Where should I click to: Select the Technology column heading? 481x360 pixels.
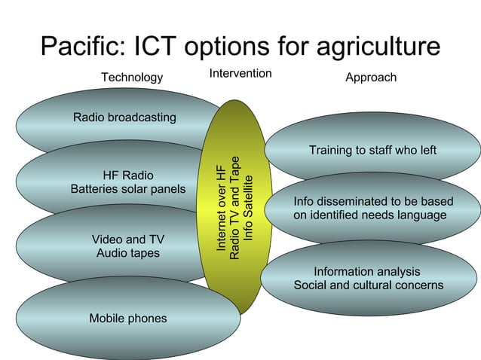(x=132, y=78)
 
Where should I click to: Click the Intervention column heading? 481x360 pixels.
(x=240, y=74)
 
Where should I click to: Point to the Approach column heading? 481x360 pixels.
(x=371, y=78)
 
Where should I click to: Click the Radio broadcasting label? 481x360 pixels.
(x=124, y=117)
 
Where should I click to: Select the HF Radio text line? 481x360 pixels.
(x=127, y=175)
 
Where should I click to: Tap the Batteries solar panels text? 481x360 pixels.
(x=127, y=189)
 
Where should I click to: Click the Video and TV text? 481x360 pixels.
(x=127, y=239)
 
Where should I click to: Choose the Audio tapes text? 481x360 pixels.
(x=127, y=253)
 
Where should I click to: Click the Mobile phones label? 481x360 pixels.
(x=128, y=319)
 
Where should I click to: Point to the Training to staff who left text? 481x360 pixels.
(x=372, y=151)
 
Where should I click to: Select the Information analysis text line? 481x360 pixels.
(x=367, y=272)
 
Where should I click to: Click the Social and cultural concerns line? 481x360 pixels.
(x=368, y=285)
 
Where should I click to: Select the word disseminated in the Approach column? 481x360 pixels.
(x=354, y=202)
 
